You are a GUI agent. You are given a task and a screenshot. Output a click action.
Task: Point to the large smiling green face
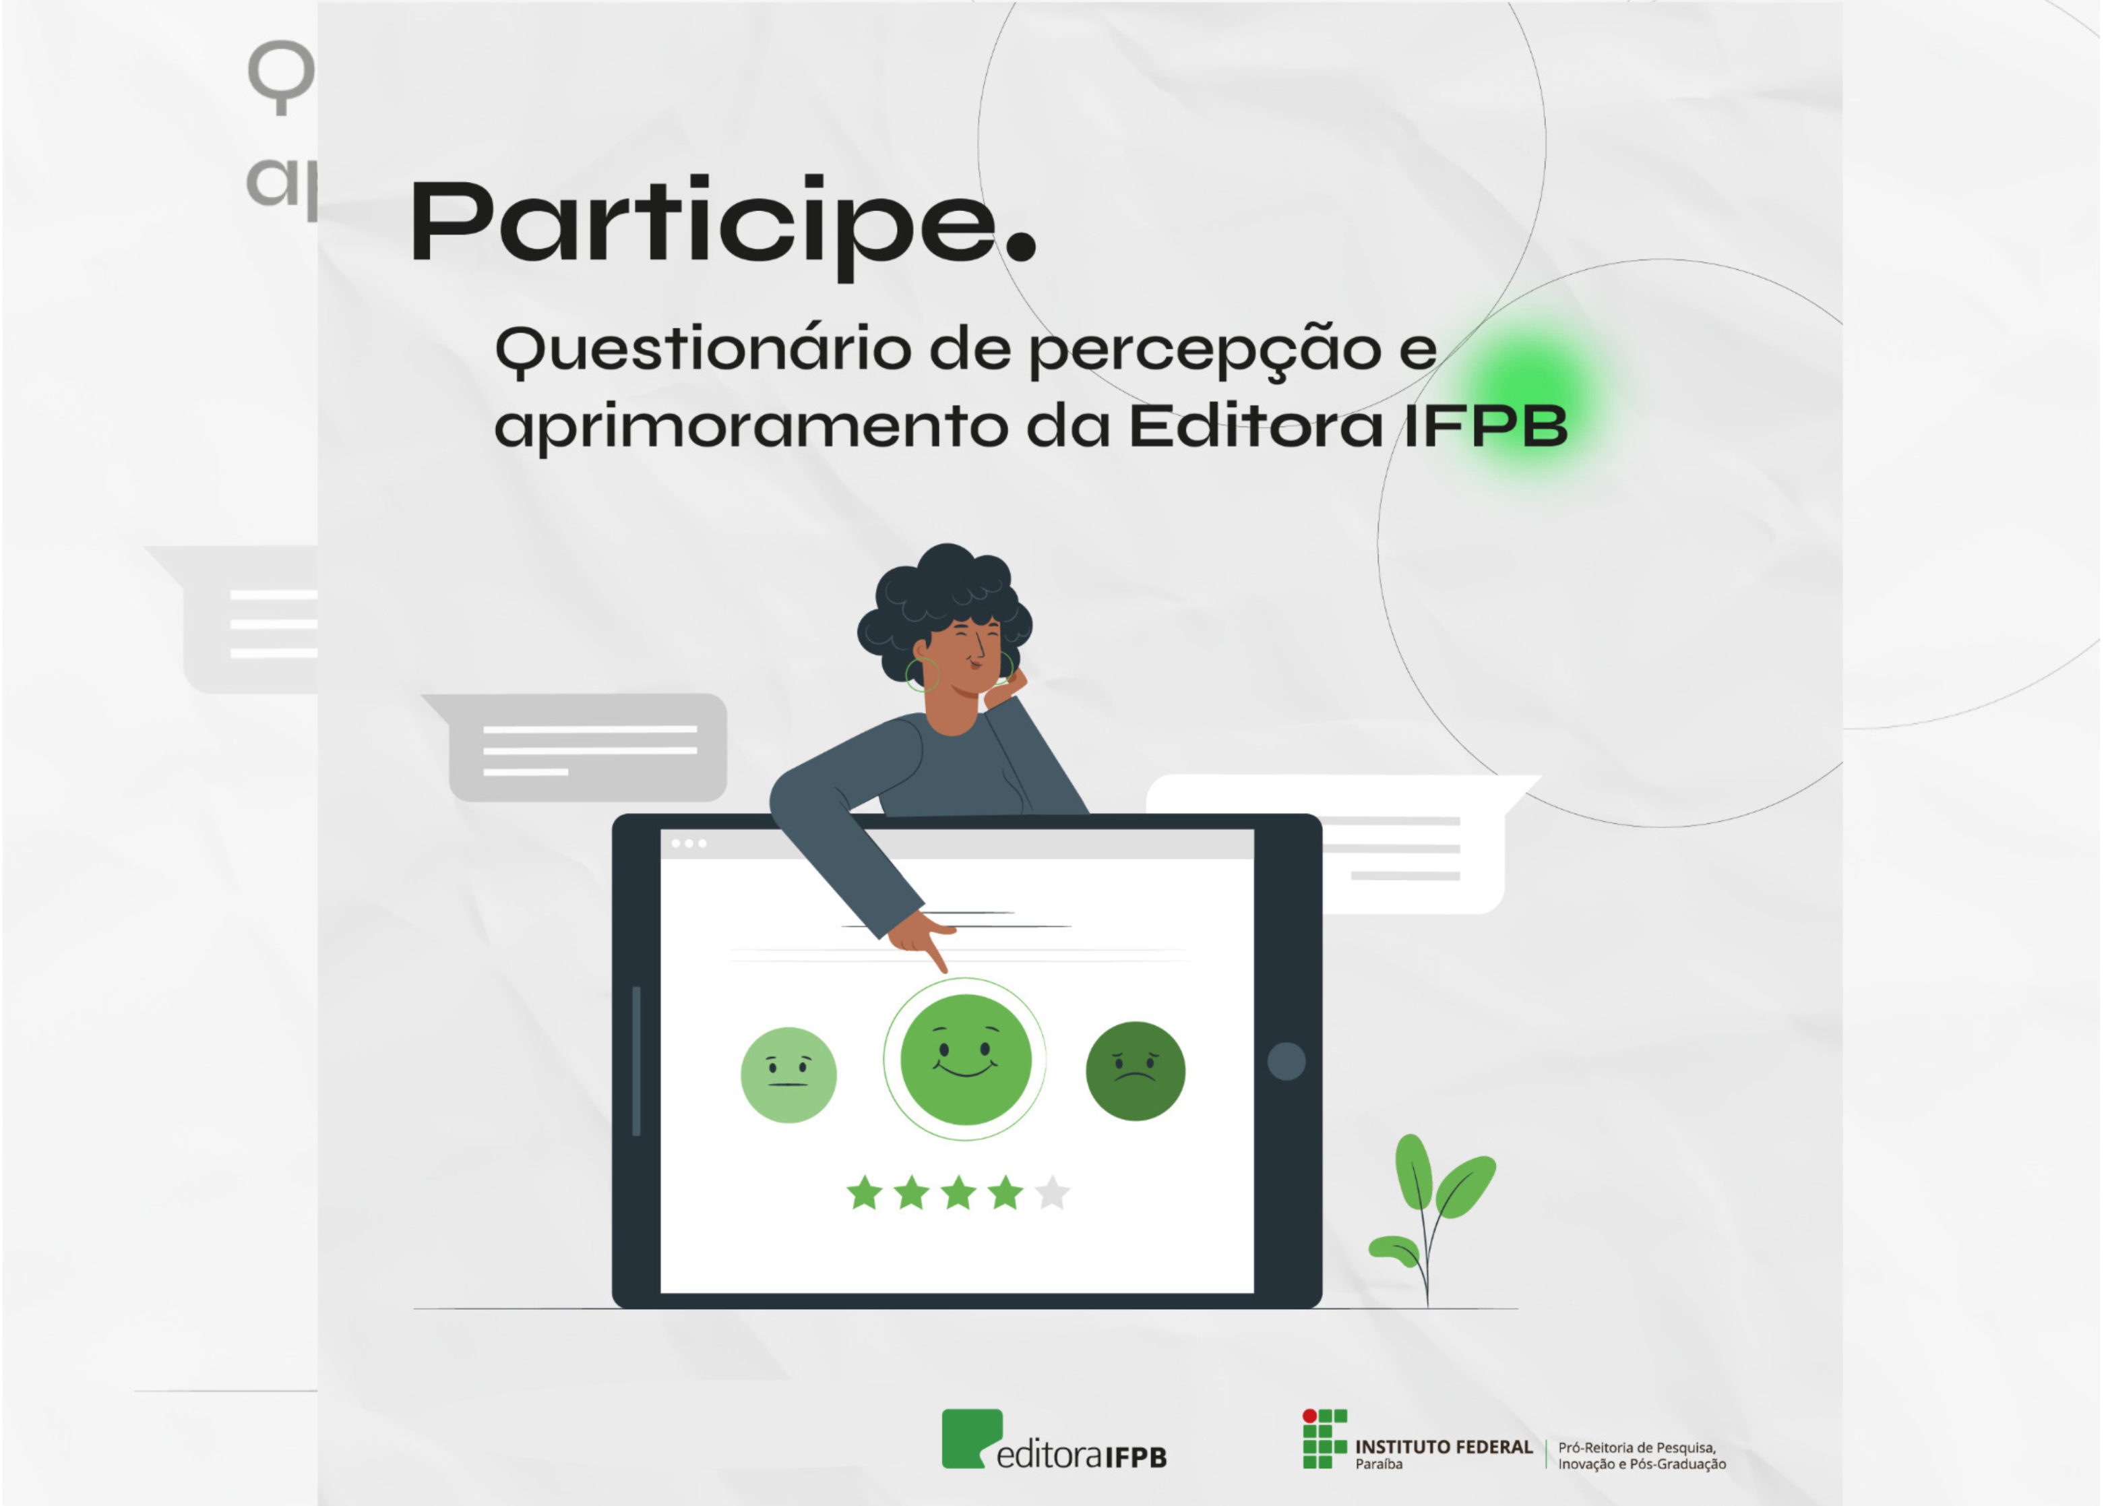point(965,1059)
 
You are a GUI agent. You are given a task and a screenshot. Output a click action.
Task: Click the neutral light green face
point(788,1075)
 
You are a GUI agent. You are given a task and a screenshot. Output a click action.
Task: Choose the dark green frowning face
point(1135,1071)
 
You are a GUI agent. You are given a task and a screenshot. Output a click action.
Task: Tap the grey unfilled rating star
point(1051,1193)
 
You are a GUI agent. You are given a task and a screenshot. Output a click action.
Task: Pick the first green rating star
point(864,1193)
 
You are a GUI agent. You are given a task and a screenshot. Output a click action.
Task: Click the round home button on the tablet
point(1286,1061)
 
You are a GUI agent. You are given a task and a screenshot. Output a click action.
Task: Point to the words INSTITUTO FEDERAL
point(1444,1447)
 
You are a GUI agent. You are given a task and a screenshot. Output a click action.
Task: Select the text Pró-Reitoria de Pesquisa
point(1637,1447)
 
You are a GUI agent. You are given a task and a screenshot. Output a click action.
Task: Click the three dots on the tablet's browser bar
point(689,843)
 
